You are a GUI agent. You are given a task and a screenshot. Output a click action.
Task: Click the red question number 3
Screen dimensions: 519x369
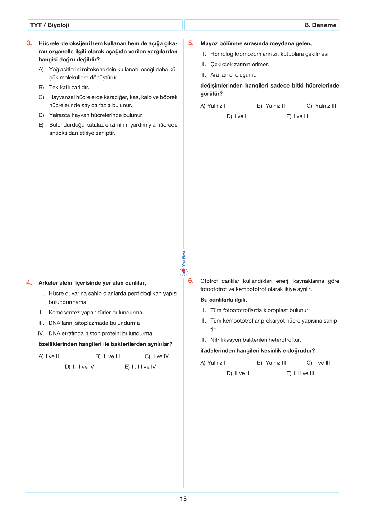pyautogui.click(x=29, y=43)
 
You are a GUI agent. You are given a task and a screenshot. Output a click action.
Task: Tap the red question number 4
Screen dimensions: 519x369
pyautogui.click(x=29, y=282)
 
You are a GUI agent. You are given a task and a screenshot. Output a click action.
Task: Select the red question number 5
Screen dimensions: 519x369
pyautogui.click(x=191, y=43)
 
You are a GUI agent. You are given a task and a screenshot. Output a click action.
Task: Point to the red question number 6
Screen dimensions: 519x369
pyautogui.click(x=191, y=281)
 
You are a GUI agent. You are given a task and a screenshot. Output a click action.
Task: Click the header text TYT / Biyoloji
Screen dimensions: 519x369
pyautogui.click(x=50, y=25)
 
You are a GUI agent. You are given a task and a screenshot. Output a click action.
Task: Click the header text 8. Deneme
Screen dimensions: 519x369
pyautogui.click(x=320, y=25)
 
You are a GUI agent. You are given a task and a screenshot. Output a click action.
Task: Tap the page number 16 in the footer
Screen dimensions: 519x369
pyautogui.click(x=183, y=499)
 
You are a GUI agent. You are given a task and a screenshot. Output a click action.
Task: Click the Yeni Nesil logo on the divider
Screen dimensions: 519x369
pyautogui.click(x=184, y=264)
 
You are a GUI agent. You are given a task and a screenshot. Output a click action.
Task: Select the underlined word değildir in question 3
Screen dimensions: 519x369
pyautogui.click(x=87, y=60)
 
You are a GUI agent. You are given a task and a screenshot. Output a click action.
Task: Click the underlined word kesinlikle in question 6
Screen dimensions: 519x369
pyautogui.click(x=273, y=350)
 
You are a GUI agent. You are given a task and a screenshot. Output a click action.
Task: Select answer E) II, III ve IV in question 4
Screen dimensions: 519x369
pyautogui.click(x=140, y=367)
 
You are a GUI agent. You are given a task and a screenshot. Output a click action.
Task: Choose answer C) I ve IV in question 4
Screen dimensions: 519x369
pyautogui.click(x=157, y=356)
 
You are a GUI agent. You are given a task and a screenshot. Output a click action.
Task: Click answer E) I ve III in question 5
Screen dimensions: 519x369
pyautogui.click(x=297, y=116)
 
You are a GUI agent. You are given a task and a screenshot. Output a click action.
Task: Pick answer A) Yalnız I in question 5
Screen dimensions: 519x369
pyautogui.click(x=213, y=106)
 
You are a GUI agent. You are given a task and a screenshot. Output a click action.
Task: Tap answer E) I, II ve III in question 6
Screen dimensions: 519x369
pyautogui.click(x=300, y=373)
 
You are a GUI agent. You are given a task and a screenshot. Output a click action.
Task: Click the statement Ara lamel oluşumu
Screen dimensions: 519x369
pyautogui.click(x=233, y=75)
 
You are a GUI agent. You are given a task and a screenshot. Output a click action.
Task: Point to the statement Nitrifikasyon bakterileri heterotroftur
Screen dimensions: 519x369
pyautogui.click(x=256, y=340)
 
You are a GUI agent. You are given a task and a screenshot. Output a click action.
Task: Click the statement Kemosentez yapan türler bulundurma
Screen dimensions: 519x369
pyautogui.click(x=95, y=313)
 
